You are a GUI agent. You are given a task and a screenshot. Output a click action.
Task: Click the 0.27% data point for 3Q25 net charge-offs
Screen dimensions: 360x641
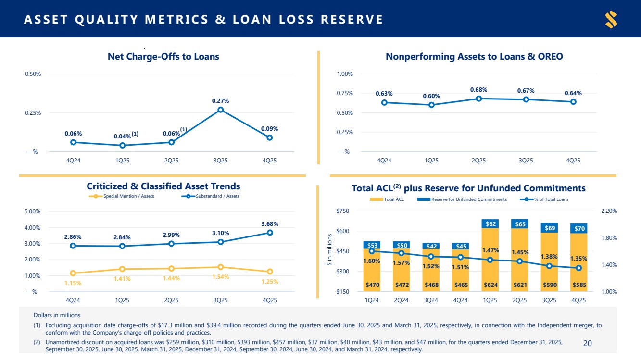coord(220,110)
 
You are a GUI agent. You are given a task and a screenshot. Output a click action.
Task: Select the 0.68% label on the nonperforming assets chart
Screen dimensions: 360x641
coord(478,90)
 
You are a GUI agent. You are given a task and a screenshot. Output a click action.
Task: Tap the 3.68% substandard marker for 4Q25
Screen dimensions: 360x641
coord(270,233)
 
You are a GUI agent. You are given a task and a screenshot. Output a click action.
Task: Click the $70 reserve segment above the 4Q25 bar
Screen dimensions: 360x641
coord(578,229)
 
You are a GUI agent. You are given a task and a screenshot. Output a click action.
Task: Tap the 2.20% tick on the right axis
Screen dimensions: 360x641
coord(608,211)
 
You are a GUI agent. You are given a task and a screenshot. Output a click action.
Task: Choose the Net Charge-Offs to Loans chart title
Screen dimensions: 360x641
coord(163,57)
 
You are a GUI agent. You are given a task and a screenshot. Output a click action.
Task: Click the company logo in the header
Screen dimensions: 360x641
coord(611,20)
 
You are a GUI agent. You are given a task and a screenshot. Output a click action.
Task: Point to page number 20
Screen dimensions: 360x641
coord(587,343)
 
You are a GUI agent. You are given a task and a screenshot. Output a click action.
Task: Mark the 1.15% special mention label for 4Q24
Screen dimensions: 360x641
coord(73,283)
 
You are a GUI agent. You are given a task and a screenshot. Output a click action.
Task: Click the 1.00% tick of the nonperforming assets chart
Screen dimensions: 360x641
coord(345,74)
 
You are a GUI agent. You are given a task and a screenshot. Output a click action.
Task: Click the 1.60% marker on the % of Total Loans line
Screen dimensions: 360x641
coord(372,251)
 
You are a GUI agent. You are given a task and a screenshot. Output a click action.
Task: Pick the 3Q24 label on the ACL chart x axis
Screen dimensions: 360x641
coord(431,300)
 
